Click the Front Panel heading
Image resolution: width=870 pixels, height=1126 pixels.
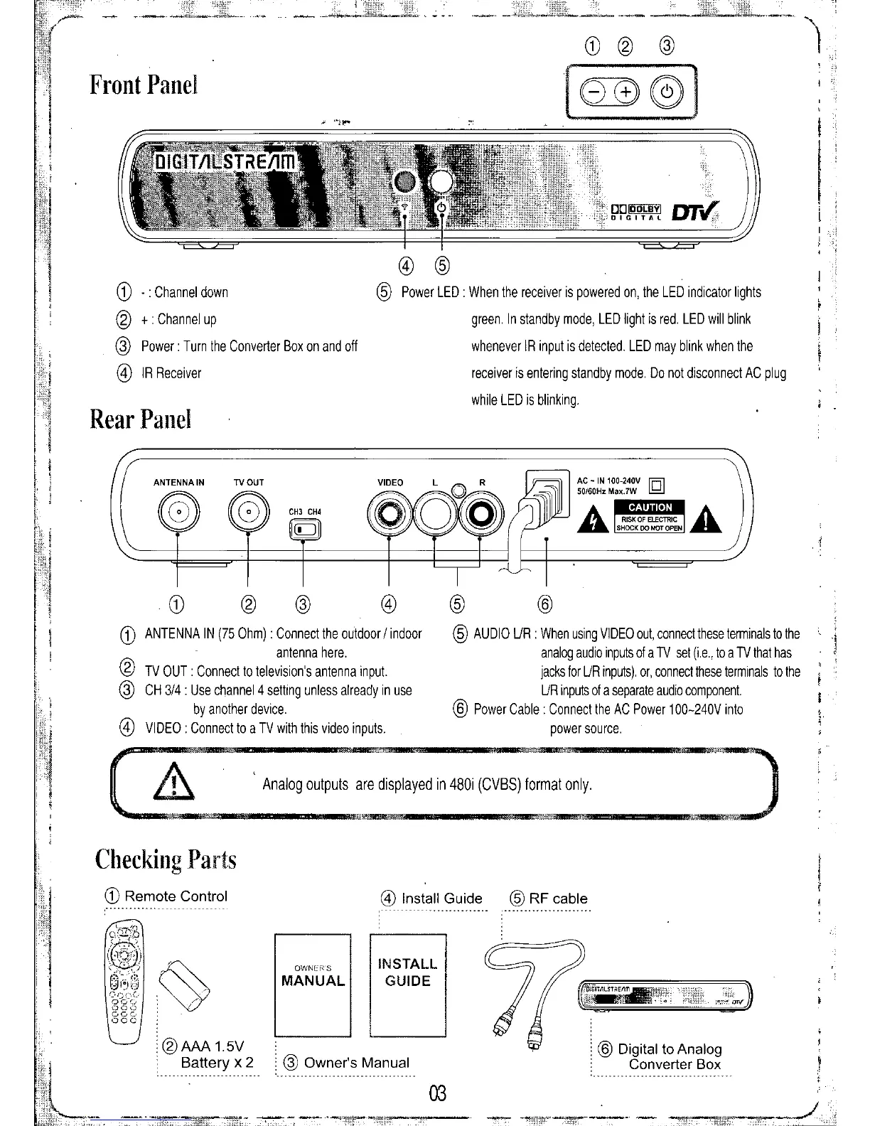(x=144, y=85)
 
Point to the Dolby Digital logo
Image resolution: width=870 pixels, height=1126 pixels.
(x=636, y=212)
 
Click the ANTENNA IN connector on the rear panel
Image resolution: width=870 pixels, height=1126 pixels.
(x=178, y=511)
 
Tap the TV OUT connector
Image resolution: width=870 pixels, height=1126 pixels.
(x=248, y=511)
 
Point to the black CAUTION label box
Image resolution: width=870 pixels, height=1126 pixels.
(x=650, y=507)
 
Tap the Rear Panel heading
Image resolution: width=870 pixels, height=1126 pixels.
(x=141, y=419)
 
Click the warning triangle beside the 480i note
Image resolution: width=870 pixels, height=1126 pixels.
(x=173, y=785)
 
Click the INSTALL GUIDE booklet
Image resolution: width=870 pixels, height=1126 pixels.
(x=408, y=985)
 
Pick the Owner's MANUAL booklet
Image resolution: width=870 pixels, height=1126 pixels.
(x=313, y=985)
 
